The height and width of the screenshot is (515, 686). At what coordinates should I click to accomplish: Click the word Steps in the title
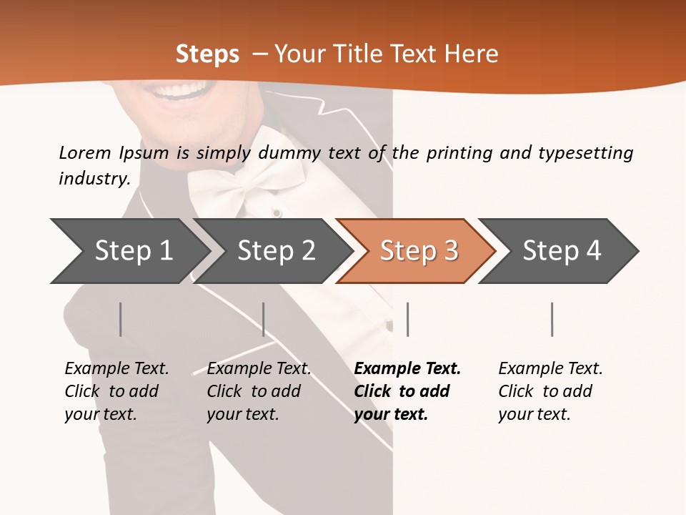click(x=207, y=54)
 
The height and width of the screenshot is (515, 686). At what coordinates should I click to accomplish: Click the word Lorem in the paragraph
click(x=84, y=152)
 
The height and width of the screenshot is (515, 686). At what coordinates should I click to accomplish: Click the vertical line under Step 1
click(x=120, y=319)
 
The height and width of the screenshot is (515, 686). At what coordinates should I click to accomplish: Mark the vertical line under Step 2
click(x=264, y=319)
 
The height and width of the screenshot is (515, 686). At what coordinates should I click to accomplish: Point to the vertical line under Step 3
click(x=407, y=319)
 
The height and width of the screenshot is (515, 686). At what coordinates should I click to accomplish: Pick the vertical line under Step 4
click(x=552, y=319)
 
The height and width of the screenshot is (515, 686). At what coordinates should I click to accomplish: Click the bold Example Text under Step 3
click(x=407, y=369)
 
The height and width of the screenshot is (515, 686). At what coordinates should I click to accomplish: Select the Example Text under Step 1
click(x=116, y=369)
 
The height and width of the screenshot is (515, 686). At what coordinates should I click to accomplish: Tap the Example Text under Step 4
click(x=550, y=369)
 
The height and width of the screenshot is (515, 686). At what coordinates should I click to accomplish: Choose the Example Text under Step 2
click(x=259, y=369)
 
